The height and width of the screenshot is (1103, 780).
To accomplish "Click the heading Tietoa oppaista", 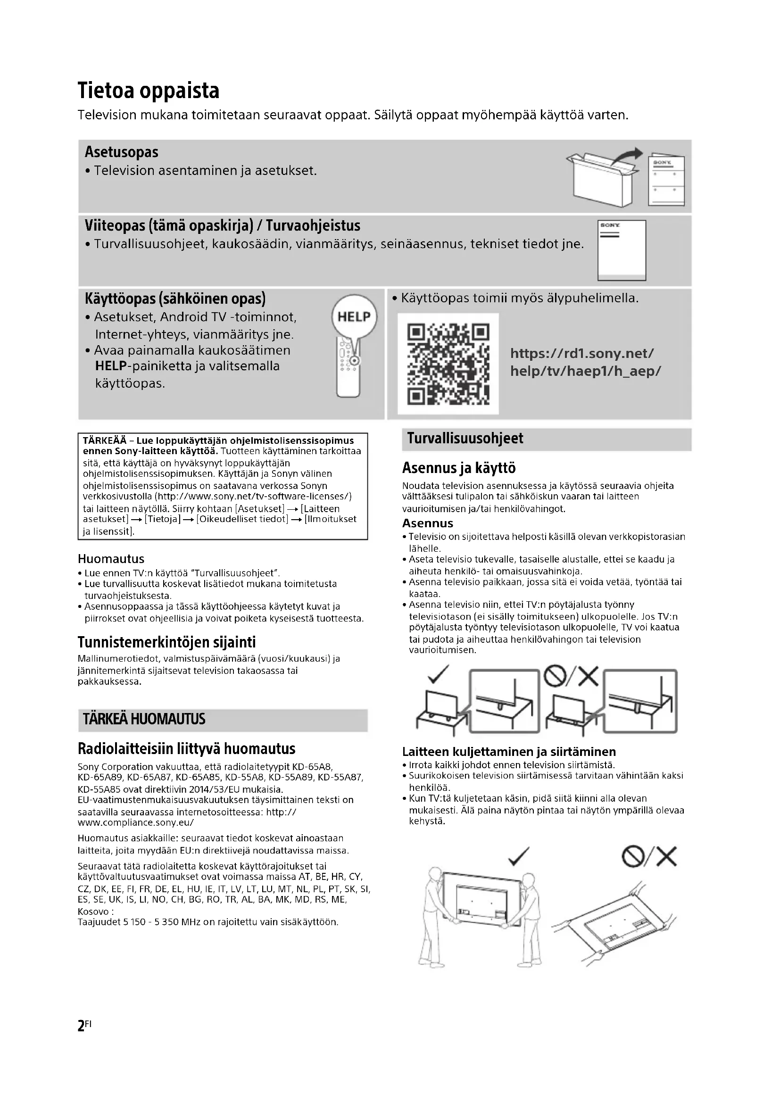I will [x=149, y=91].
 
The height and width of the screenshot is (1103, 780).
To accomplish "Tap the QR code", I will [x=448, y=364].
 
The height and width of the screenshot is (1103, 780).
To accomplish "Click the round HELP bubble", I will [x=355, y=316].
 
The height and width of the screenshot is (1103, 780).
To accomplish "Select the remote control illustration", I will [x=348, y=367].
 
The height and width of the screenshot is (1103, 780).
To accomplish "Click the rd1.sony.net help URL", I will [x=585, y=362].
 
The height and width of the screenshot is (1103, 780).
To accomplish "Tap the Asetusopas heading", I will [x=122, y=152].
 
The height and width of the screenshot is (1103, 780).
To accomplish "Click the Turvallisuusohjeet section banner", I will [x=465, y=439].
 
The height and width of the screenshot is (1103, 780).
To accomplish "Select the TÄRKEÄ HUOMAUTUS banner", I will [x=144, y=719].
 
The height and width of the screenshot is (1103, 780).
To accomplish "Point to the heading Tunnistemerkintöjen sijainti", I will [x=166, y=642].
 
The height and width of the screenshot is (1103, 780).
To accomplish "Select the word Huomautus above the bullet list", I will [x=111, y=559].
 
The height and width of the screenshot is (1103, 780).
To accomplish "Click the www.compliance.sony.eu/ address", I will [x=135, y=822].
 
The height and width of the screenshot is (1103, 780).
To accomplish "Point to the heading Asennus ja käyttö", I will [x=459, y=468].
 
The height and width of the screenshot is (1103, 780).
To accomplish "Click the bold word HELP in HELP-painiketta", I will [x=110, y=366].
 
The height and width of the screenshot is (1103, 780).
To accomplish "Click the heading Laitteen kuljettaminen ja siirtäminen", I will [x=509, y=752].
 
